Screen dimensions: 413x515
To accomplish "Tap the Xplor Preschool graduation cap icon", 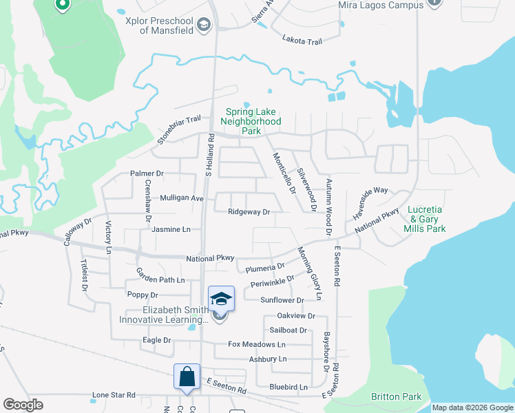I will tap(203, 26).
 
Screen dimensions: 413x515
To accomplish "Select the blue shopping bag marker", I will tap(187, 377).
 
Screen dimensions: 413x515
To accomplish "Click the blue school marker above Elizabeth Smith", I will tap(221, 299).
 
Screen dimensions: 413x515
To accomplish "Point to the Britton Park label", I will tap(396, 396).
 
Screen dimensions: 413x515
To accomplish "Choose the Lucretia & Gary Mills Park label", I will tap(427, 219).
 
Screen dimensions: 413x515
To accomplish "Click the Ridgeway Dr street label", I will tap(249, 213).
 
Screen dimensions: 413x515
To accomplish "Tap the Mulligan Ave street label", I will tap(182, 198).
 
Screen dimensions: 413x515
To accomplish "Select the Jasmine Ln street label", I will tap(171, 229).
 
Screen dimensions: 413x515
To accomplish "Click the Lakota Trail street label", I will tap(302, 42).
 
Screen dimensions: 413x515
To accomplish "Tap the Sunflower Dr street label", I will tap(282, 300).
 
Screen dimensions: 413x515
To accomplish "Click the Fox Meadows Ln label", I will tap(257, 344).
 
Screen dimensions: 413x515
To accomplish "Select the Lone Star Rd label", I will tap(114, 396).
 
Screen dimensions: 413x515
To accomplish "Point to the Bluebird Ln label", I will tap(288, 388).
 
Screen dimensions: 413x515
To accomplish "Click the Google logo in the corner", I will tap(23, 404).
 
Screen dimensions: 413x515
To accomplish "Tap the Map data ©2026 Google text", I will tap(472, 407).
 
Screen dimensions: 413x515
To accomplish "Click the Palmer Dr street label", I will tap(147, 173).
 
